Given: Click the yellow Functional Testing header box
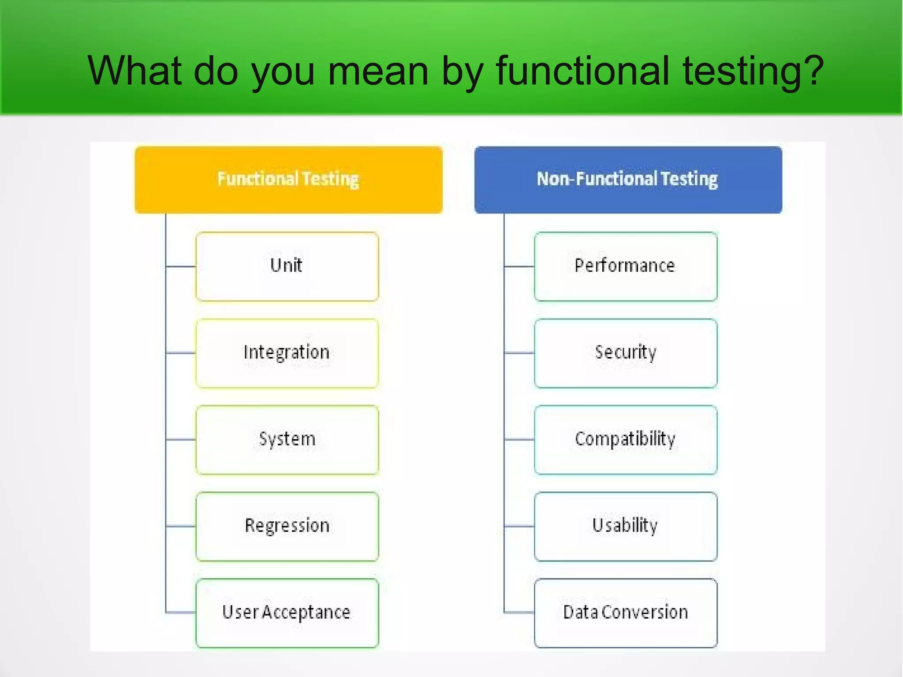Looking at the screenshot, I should pyautogui.click(x=288, y=180).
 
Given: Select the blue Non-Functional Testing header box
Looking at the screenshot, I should pyautogui.click(x=628, y=180).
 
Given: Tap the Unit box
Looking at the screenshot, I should pyautogui.click(x=287, y=266).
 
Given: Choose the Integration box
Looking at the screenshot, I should pyautogui.click(x=287, y=353).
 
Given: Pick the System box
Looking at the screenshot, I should pyautogui.click(x=287, y=439).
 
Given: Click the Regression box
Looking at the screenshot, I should pyautogui.click(x=287, y=526).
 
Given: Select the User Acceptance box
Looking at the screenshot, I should pyautogui.click(x=287, y=613).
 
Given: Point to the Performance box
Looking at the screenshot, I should pyautogui.click(x=625, y=266).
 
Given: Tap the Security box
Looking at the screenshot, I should pyautogui.click(x=625, y=353).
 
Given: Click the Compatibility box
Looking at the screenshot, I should pyautogui.click(x=625, y=439).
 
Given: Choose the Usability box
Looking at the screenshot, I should pyautogui.click(x=625, y=526).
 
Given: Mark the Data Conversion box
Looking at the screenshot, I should pyautogui.click(x=625, y=613).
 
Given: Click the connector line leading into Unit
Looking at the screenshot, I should pyautogui.click(x=181, y=266).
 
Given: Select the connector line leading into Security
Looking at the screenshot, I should pyautogui.click(x=519, y=353).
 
